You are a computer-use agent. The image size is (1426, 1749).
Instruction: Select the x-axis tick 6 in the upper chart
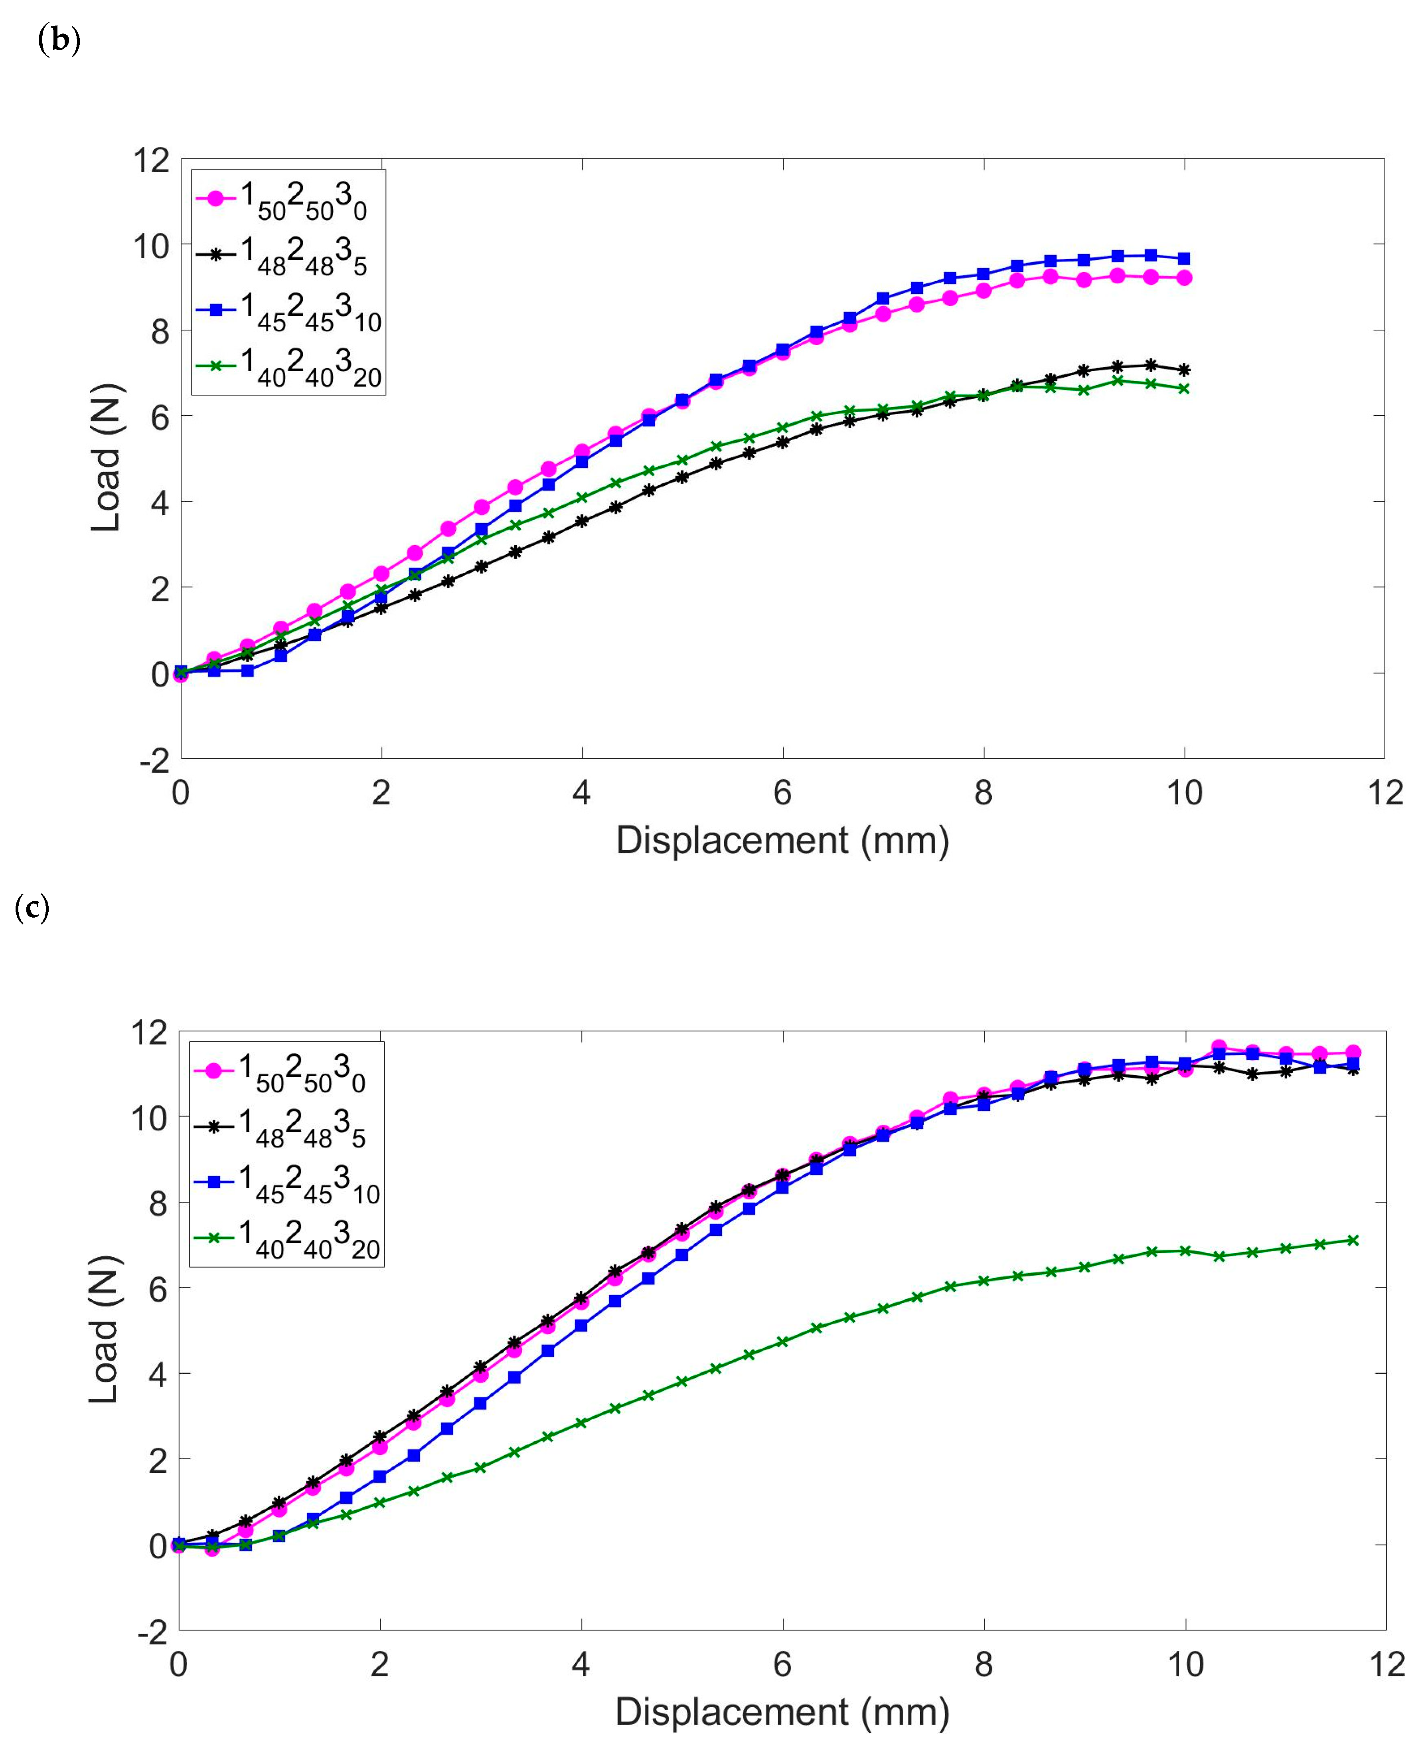pyautogui.click(x=783, y=793)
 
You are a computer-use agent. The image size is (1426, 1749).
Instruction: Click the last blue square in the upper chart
pyautogui.click(x=1185, y=258)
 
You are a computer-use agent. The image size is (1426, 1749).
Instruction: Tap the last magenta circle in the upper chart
pyautogui.click(x=1185, y=278)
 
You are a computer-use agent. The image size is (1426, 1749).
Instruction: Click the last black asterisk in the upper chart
pyautogui.click(x=1185, y=370)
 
